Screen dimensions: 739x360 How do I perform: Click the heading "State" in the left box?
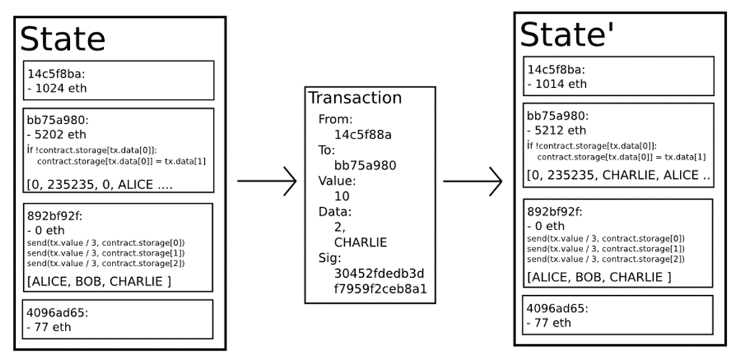click(x=63, y=39)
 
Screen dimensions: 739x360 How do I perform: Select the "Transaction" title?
click(x=355, y=97)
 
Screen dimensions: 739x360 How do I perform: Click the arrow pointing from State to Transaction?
click(x=267, y=180)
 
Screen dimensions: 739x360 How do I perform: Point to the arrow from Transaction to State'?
click(x=473, y=181)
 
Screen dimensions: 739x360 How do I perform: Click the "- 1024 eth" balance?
click(x=56, y=88)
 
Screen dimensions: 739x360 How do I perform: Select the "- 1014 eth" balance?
click(x=556, y=84)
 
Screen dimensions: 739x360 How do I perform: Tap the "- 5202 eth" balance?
click(x=56, y=134)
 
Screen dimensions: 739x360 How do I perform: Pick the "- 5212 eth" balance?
click(x=556, y=130)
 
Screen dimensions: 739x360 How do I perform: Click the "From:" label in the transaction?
click(x=335, y=119)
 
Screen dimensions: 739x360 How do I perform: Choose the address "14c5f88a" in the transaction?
click(x=363, y=135)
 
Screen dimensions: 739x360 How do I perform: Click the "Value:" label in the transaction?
click(x=338, y=181)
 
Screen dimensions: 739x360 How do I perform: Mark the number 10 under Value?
click(x=342, y=196)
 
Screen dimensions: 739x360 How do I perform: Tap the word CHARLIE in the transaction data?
click(x=361, y=242)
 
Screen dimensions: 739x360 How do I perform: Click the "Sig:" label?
click(x=329, y=258)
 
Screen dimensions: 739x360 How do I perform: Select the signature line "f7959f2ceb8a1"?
click(x=381, y=289)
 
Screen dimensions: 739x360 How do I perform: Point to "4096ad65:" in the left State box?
click(x=57, y=312)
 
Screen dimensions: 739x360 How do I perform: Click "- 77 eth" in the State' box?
click(x=548, y=322)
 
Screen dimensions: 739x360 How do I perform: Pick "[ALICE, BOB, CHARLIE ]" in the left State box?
click(x=99, y=282)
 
